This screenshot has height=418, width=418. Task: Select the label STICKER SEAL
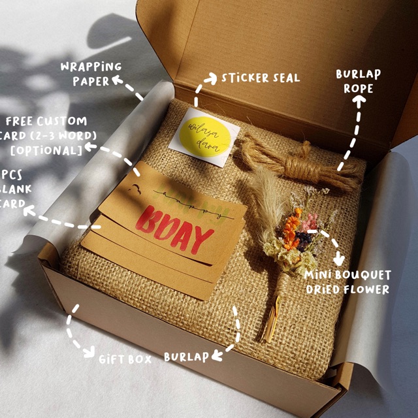[x=260, y=78]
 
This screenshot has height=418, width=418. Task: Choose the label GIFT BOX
[x=125, y=359]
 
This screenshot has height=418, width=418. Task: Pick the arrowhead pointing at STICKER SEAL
[x=212, y=80]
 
